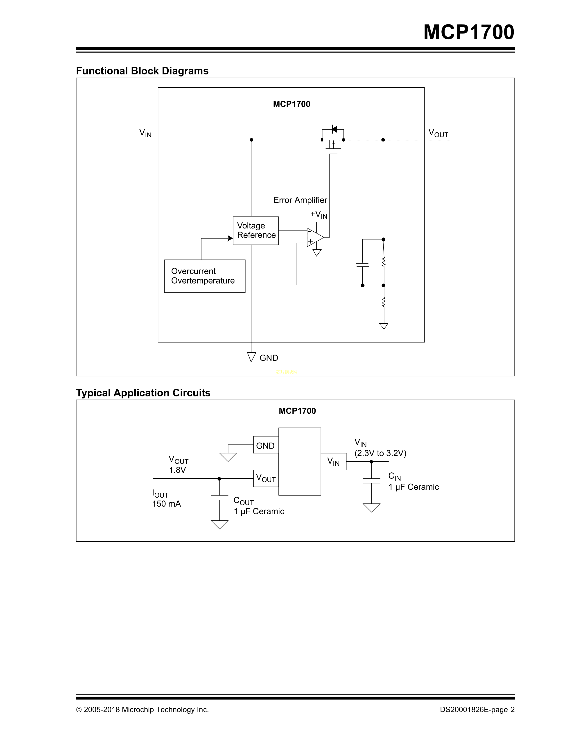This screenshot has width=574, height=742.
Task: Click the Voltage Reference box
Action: coord(256,231)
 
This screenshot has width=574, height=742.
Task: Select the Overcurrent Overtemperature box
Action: coord(205,276)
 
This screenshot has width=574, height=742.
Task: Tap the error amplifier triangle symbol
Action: coord(314,237)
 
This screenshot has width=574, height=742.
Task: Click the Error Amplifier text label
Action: coord(300,200)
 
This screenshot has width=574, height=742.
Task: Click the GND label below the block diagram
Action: coord(269,358)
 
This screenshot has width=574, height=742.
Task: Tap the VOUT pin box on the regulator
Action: coord(266,478)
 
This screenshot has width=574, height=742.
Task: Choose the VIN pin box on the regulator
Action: coord(333,461)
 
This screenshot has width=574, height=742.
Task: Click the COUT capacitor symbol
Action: coord(220,498)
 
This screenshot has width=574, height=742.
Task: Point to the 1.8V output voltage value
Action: coord(178,470)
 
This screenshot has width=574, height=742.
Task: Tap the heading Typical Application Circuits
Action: coord(143,393)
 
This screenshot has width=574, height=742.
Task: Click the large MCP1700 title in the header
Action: coord(469,32)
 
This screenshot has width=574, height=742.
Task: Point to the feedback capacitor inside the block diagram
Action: coord(362,264)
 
